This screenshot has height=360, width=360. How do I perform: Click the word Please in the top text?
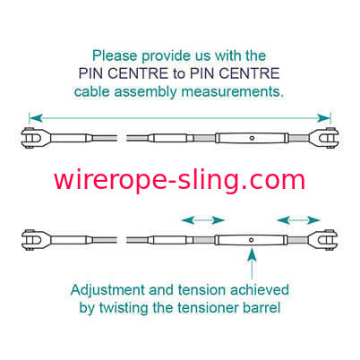(115, 56)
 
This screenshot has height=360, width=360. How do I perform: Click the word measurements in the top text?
(233, 91)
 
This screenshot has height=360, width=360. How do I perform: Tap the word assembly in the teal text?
(146, 92)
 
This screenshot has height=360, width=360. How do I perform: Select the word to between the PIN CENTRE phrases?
(179, 73)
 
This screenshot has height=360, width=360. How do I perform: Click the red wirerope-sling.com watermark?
(180, 180)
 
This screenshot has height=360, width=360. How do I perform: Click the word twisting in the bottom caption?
(124, 308)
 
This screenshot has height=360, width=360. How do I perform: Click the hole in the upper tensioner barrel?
(252, 138)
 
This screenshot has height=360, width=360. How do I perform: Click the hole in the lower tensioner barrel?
(252, 240)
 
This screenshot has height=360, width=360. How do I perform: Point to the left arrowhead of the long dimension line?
(36, 118)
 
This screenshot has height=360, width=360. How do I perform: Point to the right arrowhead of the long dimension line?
(323, 118)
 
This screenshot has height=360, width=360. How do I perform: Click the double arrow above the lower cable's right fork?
(298, 220)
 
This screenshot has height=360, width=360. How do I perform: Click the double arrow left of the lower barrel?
(203, 220)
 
